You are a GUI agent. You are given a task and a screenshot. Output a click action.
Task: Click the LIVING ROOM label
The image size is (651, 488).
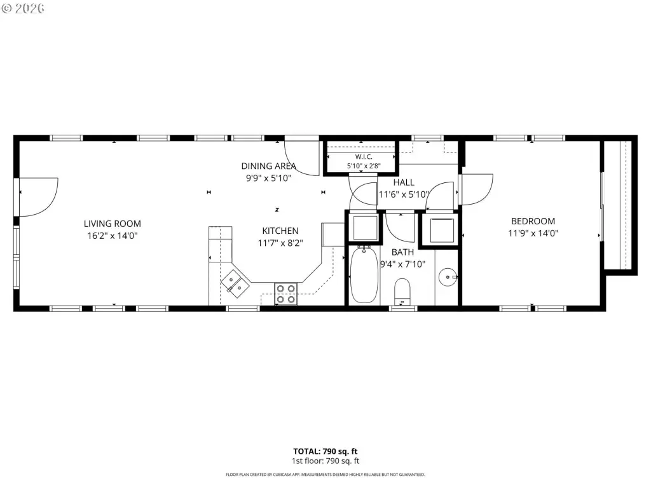pyautogui.click(x=112, y=224)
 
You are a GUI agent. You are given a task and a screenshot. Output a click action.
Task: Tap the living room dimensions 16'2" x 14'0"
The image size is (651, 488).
pyautogui.click(x=112, y=236)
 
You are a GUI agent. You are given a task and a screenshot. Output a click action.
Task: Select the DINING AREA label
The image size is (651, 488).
pyautogui.click(x=269, y=166)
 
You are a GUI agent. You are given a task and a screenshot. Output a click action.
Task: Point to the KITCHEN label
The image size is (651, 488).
pyautogui.click(x=280, y=231)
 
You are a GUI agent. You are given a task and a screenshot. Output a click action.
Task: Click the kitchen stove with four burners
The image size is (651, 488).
pyautogui.click(x=286, y=294)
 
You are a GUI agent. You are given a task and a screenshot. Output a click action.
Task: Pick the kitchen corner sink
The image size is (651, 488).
pyautogui.click(x=235, y=283)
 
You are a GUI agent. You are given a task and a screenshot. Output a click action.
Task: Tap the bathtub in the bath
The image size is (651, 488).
pyautogui.click(x=364, y=274)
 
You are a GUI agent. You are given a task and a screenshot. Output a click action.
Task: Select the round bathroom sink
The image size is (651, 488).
pyautogui.click(x=448, y=277)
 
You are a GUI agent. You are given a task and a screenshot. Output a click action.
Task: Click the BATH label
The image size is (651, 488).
pyautogui.click(x=402, y=252)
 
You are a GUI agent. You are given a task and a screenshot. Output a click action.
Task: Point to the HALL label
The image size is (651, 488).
pyautogui.click(x=404, y=182)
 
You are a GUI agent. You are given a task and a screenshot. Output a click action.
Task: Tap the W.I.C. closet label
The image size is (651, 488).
pyautogui.click(x=364, y=157)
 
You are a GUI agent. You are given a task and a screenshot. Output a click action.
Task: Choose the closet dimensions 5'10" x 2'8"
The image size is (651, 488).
pyautogui.click(x=364, y=166)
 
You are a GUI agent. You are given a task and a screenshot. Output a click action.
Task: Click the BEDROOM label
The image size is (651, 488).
pyautogui.click(x=533, y=221)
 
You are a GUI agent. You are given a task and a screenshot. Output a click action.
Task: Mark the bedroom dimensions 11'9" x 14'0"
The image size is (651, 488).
pyautogui.click(x=533, y=233)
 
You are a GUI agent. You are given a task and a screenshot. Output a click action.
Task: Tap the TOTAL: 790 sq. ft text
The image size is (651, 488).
pyautogui.click(x=325, y=452)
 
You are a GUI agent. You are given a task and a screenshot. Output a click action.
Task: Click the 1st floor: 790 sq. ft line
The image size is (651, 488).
pyautogui.click(x=325, y=461)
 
